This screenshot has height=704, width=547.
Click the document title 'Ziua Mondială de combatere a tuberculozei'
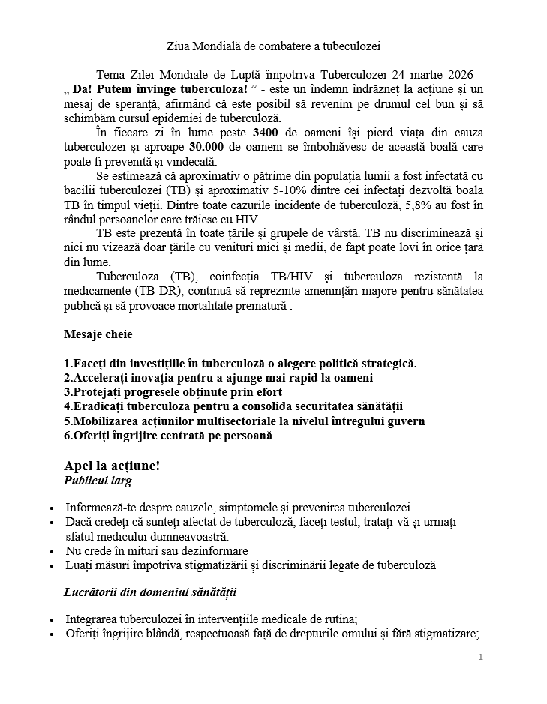pos(274,46)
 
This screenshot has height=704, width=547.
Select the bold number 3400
pos(269,134)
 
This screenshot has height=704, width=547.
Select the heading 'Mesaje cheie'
pos(98,334)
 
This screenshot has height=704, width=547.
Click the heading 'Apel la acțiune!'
pos(113,466)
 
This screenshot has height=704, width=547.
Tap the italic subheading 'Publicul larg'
pos(99,481)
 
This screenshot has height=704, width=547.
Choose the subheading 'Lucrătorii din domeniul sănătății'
pos(150,592)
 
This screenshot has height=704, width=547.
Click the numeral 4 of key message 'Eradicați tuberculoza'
pos(68,406)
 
